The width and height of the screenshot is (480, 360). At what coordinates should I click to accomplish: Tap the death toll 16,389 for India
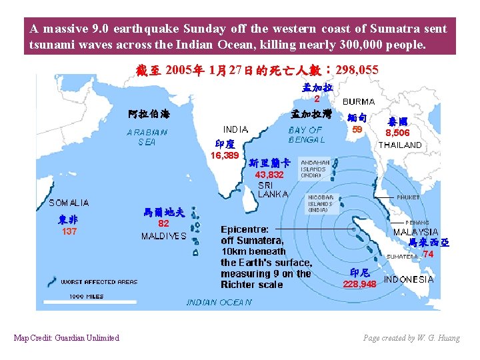coord(225,155)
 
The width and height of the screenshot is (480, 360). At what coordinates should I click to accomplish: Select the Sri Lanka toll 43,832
coord(269,174)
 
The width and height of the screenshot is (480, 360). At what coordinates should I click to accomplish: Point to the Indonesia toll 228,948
coord(359,284)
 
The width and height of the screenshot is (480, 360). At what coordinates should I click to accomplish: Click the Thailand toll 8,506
coord(397,133)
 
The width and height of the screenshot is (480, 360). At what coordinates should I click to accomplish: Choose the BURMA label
coord(359,101)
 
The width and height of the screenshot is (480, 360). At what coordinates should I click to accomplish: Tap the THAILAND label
coord(400,145)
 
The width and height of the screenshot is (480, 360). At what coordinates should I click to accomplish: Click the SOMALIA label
coord(69,203)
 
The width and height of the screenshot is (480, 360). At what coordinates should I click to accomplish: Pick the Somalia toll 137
coord(69,232)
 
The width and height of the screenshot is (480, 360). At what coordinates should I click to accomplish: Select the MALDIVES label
coord(163,236)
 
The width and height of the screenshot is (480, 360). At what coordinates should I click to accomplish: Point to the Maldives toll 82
coord(163,224)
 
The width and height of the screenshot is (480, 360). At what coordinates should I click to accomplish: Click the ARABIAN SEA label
coord(147,137)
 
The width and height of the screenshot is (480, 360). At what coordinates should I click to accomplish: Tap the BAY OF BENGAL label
coord(305,135)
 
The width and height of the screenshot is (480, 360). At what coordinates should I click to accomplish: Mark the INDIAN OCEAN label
coord(219,303)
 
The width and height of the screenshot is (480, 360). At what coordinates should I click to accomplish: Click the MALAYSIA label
coord(415,232)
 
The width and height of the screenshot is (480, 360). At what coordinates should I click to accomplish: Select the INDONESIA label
coord(409,279)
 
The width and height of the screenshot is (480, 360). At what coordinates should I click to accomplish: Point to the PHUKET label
coord(408,198)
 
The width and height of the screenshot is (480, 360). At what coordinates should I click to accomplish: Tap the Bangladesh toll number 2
coord(317,99)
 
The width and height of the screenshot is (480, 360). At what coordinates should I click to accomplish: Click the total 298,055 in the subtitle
coord(350,69)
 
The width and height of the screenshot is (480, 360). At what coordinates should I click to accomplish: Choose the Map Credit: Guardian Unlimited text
coord(67,338)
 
